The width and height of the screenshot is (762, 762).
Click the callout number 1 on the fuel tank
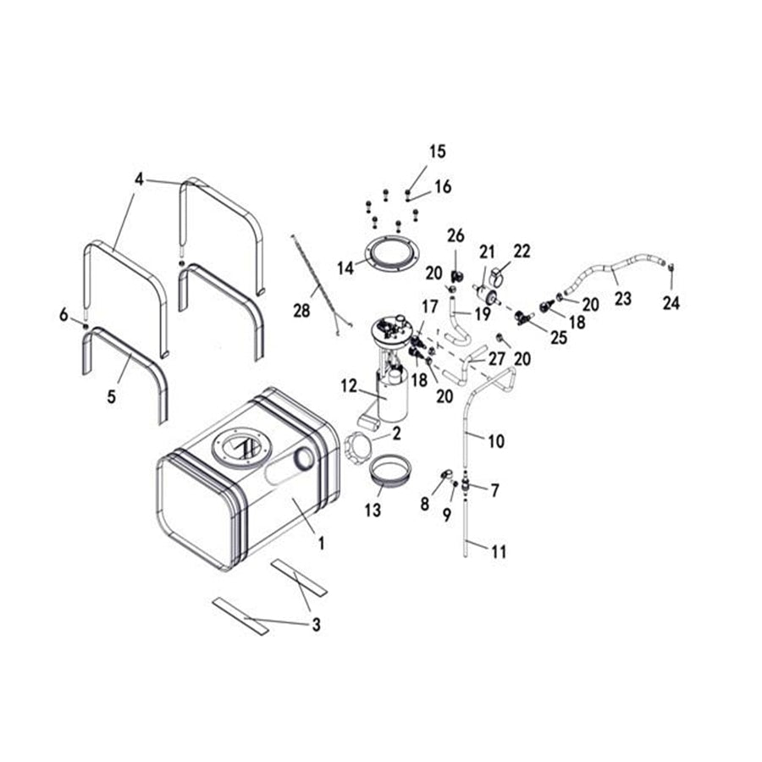coord(321,543)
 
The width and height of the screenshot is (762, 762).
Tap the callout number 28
coord(301,311)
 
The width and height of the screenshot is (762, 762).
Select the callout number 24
coord(671,303)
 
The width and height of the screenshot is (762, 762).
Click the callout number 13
coord(373,511)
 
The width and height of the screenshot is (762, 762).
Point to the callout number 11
coord(499,552)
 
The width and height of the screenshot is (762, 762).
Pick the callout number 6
coord(63,315)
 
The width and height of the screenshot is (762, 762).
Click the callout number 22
coord(522,251)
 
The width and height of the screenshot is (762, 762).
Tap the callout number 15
coord(437,152)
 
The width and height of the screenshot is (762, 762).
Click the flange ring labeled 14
coord(392,256)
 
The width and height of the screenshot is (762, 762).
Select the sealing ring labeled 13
coord(391,470)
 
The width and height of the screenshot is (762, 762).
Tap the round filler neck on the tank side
coord(302,459)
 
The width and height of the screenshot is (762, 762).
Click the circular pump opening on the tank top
coord(239,446)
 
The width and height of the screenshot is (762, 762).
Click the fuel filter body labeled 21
coord(485,296)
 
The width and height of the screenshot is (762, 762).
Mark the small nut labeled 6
coord(85,325)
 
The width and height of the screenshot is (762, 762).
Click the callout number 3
coord(316,626)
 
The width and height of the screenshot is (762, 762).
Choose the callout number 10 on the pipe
coord(496,440)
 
